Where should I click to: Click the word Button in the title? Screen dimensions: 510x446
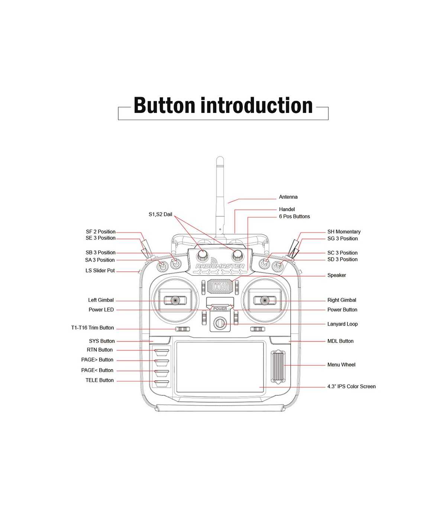pos(165,106)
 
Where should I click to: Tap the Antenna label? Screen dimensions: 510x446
pos(288,197)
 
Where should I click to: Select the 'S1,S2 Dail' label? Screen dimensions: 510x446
pos(160,214)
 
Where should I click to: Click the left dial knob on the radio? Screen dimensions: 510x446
pos(202,255)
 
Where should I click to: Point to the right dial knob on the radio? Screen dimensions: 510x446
pos(237,255)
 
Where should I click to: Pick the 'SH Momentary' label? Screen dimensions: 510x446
pos(344,232)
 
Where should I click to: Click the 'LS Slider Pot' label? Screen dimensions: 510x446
pos(100,271)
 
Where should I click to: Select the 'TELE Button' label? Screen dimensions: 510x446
pos(100,380)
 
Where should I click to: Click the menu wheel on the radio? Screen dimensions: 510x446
pos(278,367)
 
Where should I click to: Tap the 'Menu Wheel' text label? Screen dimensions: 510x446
pos(341,365)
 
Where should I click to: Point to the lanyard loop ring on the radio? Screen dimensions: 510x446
pos(220,323)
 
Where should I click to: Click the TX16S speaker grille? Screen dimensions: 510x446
pos(220,286)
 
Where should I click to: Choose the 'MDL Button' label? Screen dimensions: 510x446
pos(340,341)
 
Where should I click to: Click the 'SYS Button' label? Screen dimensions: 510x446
pos(102,341)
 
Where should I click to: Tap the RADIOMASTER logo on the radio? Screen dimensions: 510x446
pos(220,266)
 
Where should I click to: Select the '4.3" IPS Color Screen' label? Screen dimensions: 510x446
pos(351,387)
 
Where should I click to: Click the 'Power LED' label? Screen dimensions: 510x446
pos(101,310)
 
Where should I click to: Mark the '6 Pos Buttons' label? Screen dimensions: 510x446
pos(294,216)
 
